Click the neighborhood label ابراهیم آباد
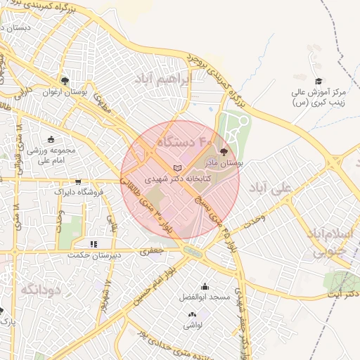coord(166,79)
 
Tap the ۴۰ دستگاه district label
coord(184,142)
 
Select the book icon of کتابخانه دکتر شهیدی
coord(176,167)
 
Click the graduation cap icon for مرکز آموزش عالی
coord(319,82)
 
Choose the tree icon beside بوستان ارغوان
coord(65,81)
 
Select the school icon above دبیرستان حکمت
coord(94,244)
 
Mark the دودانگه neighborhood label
coord(38,289)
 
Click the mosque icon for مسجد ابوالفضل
coord(205,286)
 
